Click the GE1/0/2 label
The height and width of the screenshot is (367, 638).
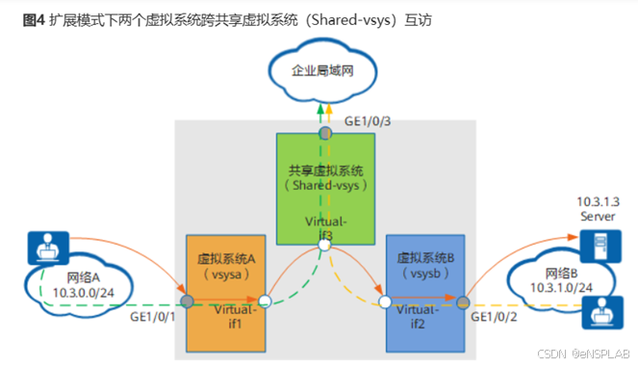tap(496, 315)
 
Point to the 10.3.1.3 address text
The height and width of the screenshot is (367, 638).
tap(597, 203)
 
